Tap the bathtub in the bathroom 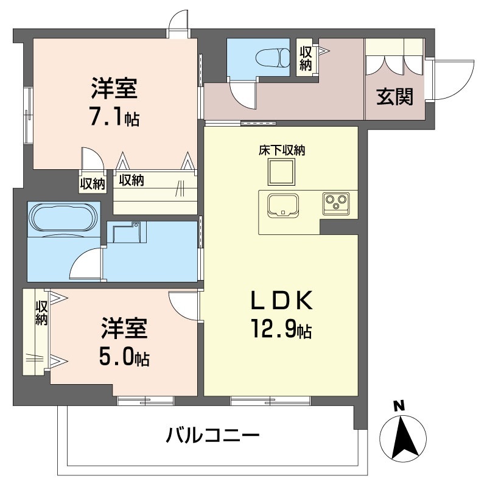tap(62, 218)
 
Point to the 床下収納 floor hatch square tap(281, 173)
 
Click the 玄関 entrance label tap(394, 96)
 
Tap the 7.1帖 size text tap(114, 117)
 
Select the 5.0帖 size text tap(124, 358)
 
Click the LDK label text tap(282, 300)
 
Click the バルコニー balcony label tap(213, 436)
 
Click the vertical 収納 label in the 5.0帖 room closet tap(41, 313)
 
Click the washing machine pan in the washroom tap(128, 234)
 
